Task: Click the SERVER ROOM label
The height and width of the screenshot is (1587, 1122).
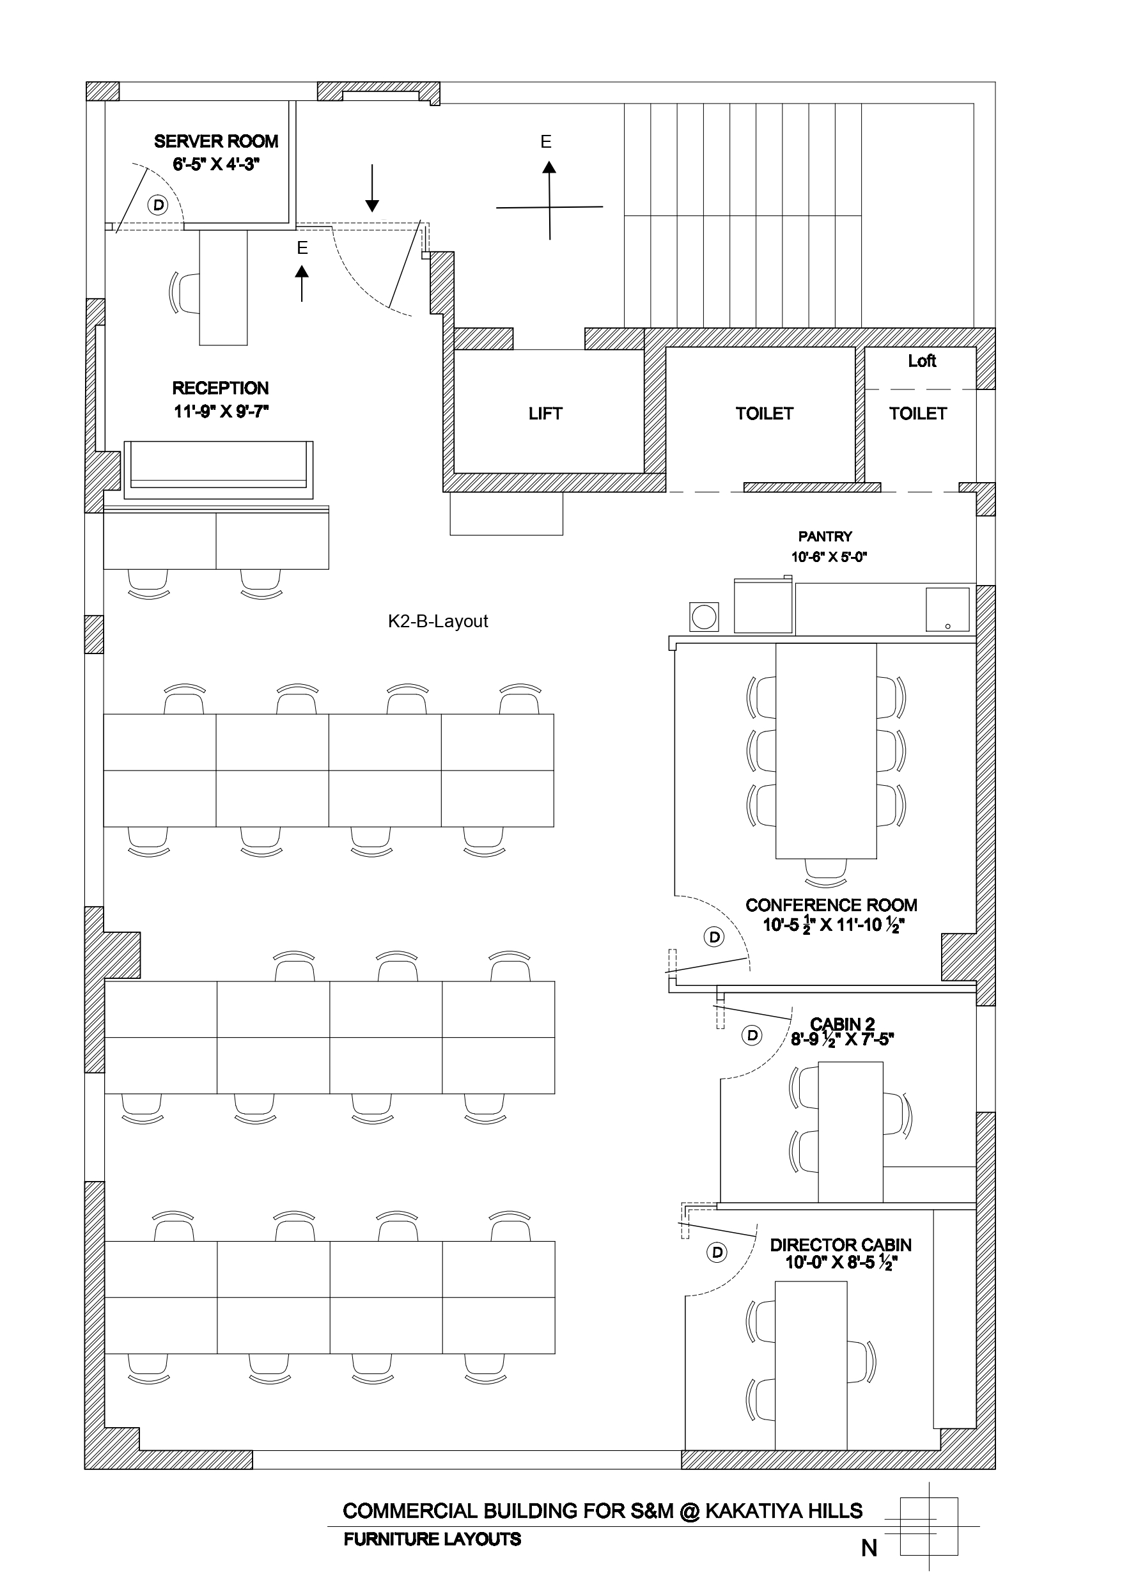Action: (215, 142)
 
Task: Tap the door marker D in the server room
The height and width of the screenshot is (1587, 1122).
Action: (159, 205)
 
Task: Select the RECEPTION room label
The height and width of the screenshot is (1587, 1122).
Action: (221, 389)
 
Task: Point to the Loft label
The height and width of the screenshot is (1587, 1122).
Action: (921, 361)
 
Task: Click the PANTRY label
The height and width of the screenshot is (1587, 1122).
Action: (825, 536)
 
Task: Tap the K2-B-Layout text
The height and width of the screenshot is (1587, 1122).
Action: (437, 622)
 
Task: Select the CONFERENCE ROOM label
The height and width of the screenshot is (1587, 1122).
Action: (831, 905)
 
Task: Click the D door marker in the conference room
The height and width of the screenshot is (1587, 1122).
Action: (714, 937)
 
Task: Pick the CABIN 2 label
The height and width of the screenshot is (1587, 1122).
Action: (842, 1024)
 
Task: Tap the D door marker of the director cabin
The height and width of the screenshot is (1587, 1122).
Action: (717, 1253)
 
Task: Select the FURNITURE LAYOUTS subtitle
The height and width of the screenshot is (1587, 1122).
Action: (432, 1538)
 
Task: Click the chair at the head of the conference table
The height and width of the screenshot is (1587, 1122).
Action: (826, 872)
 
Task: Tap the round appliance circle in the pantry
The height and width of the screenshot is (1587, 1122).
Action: (705, 616)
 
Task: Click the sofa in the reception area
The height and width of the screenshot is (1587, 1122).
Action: (219, 469)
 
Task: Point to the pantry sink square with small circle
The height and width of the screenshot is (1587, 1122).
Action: (947, 609)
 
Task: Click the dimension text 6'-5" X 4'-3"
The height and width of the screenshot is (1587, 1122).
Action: (215, 164)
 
